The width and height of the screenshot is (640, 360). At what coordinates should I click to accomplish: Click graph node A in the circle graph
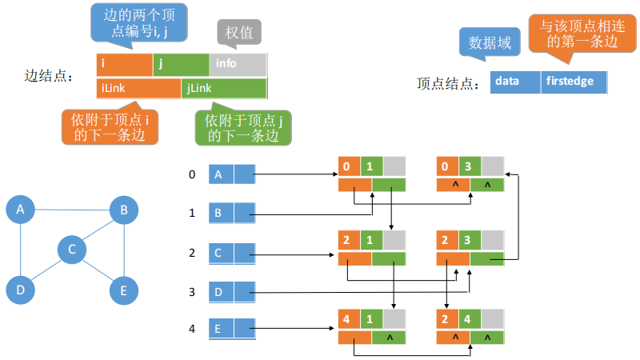tap(21, 210)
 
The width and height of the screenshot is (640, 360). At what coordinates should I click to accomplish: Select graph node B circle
tap(123, 210)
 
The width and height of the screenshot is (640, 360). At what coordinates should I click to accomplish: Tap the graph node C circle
tap(72, 250)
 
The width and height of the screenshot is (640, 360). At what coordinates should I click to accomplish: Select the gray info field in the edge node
tap(238, 64)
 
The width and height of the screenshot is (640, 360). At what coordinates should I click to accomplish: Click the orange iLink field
tap(138, 88)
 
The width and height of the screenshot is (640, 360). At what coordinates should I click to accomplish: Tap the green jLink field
tap(224, 88)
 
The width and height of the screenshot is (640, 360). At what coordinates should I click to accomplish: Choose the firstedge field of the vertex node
tap(573, 82)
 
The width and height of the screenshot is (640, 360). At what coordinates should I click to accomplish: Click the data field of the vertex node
tap(515, 82)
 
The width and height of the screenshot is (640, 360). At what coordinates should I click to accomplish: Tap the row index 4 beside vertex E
tap(191, 328)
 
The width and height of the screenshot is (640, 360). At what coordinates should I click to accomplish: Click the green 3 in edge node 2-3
tap(470, 240)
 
